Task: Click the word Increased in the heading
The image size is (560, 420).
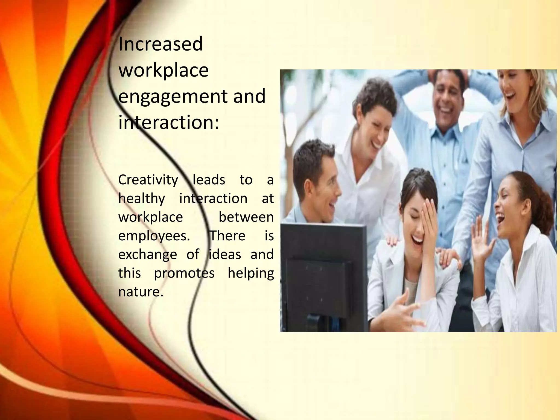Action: pos(161,44)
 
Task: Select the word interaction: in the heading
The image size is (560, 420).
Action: pos(168,122)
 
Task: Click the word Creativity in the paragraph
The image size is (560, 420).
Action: pos(148,180)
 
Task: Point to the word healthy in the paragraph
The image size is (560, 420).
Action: pos(142,199)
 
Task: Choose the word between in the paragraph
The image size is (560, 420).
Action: pos(246,217)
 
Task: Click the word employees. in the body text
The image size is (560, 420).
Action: pos(154,236)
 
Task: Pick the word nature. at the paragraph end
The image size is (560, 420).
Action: pos(141,292)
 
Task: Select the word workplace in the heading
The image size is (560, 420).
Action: pos(164,70)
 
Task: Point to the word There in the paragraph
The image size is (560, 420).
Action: pos(227,236)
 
